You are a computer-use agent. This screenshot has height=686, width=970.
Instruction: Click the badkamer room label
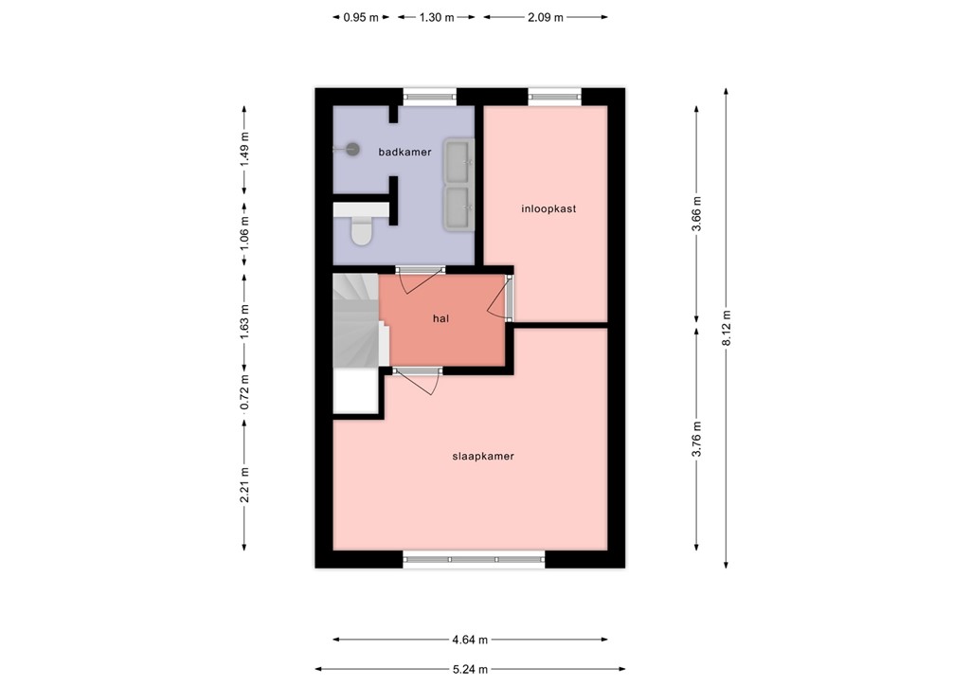pos(404,152)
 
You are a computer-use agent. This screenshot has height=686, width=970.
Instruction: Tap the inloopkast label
pos(548,208)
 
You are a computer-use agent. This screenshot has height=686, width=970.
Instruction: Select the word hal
pos(440,319)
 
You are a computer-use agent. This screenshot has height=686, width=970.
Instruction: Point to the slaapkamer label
pos(483,456)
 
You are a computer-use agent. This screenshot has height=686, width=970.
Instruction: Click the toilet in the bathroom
pos(361,230)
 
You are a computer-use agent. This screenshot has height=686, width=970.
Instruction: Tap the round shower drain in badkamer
pos(353,148)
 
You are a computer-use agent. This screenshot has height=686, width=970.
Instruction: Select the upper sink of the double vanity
pos(458,160)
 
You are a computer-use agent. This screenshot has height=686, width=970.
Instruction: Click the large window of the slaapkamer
pos(474,559)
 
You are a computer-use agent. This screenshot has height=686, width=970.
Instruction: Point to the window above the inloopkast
pos(554,95)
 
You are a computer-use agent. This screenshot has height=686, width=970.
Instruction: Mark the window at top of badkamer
pos(429,95)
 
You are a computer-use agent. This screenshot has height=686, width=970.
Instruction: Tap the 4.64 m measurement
pos(470,639)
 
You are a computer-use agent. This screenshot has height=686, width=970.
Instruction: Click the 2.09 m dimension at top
pos(545,17)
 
